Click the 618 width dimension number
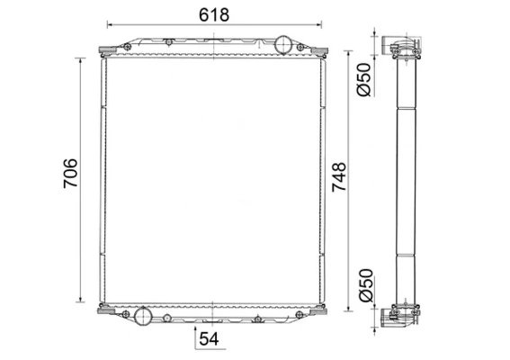coord(214,14)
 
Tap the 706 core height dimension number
coord(70,173)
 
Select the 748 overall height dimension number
coord(339,176)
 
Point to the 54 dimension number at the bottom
coord(209,338)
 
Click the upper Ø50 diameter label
coord(363,80)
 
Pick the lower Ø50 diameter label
coord(365,285)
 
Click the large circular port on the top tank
coord(283,45)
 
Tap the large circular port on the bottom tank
coord(143,316)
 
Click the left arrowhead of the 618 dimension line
coord(110,24)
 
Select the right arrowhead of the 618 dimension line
coord(319,24)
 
